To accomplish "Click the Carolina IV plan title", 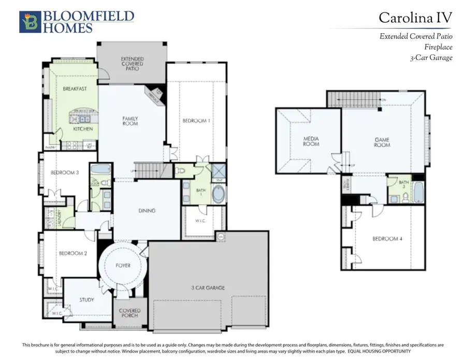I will pyautogui.click(x=415, y=18).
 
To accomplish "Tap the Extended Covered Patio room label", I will pyautogui.click(x=133, y=64).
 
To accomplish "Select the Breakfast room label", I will pyautogui.click(x=75, y=89).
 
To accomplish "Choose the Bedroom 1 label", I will pyautogui.click(x=196, y=121).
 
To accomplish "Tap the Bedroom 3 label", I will pyautogui.click(x=64, y=172).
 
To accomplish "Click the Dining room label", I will pyautogui.click(x=147, y=211).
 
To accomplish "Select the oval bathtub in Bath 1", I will pyautogui.click(x=219, y=195).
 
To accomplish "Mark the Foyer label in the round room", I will pyautogui.click(x=123, y=265).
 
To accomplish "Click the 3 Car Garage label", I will pyautogui.click(x=208, y=287).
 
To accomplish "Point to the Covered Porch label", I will pyautogui.click(x=129, y=314).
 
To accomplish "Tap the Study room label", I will pyautogui.click(x=86, y=299).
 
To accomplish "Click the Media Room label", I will pyautogui.click(x=311, y=141).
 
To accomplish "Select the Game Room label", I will pyautogui.click(x=382, y=142).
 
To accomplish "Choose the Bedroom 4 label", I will pyautogui.click(x=386, y=239).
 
